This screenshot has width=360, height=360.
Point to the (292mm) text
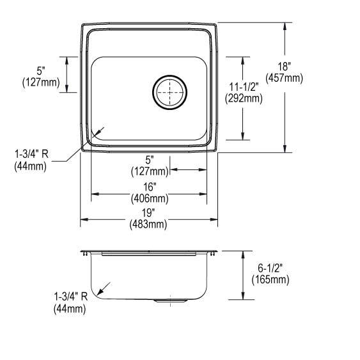243,98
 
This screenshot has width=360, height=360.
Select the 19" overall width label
148,214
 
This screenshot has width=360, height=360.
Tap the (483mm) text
148,224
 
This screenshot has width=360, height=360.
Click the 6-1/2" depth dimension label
270,269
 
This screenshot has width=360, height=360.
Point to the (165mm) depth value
270,279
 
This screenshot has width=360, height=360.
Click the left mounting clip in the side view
85,254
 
